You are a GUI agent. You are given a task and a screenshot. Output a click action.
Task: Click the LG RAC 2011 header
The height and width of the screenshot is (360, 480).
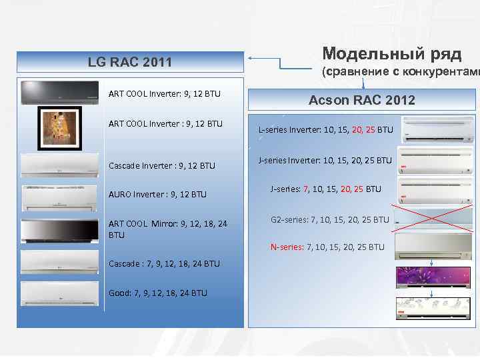(129, 63)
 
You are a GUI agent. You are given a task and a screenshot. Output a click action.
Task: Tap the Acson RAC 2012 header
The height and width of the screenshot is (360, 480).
(362, 101)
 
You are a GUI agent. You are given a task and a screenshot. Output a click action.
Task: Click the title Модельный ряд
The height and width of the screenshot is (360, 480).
(391, 53)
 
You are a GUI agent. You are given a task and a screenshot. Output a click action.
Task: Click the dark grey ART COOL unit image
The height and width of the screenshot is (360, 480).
(60, 93)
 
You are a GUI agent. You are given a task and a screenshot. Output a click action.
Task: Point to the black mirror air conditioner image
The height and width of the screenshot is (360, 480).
(60, 230)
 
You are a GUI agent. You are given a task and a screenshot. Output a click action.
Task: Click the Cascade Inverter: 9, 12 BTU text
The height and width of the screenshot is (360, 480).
(162, 165)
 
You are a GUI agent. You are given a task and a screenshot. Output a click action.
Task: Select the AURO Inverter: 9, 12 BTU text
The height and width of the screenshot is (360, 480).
(157, 195)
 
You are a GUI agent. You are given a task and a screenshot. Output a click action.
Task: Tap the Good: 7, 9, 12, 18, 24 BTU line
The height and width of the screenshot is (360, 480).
(157, 293)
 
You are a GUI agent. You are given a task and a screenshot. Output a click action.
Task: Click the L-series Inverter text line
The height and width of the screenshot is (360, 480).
(325, 129)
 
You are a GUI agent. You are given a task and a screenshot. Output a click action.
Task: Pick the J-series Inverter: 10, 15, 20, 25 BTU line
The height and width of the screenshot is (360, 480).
(325, 160)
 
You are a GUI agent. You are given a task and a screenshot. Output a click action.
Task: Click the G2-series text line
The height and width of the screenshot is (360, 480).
(329, 219)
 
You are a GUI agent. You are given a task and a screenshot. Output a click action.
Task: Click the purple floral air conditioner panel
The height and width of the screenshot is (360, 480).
(434, 277)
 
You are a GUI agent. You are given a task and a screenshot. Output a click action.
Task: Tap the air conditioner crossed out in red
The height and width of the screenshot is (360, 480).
(434, 218)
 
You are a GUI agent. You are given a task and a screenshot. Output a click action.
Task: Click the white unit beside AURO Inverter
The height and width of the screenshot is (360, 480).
(60, 197)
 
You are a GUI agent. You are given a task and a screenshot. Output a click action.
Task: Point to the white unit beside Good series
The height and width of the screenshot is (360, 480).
(60, 293)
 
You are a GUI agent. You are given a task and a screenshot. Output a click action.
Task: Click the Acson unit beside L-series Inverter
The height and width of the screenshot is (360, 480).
(436, 129)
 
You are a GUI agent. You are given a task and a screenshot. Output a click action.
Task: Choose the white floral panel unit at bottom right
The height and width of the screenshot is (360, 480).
(434, 309)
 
